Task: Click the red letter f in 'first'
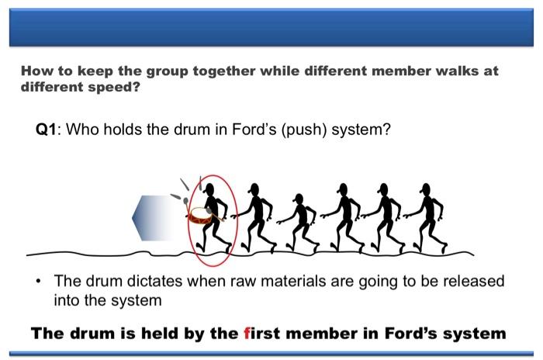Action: click(246, 334)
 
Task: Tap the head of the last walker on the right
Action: click(425, 189)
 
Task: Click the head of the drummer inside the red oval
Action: click(210, 189)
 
